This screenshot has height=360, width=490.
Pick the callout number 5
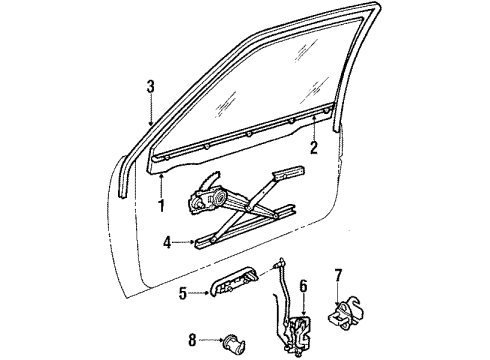coord(182,293)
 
